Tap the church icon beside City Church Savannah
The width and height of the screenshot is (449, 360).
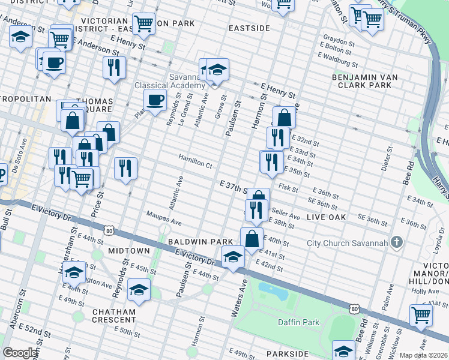(x=396, y=242)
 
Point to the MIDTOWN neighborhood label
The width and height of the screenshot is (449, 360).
(x=128, y=250)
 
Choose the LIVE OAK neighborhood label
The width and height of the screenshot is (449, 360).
(x=326, y=217)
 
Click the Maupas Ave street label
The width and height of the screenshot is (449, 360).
(x=164, y=222)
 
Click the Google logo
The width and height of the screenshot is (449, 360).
(x=20, y=353)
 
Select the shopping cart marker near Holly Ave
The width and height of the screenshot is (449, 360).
(x=421, y=314)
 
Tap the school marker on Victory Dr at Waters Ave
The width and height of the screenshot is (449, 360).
(x=233, y=256)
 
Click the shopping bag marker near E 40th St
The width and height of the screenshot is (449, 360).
(x=252, y=238)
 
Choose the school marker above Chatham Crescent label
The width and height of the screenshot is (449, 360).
(x=139, y=291)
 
